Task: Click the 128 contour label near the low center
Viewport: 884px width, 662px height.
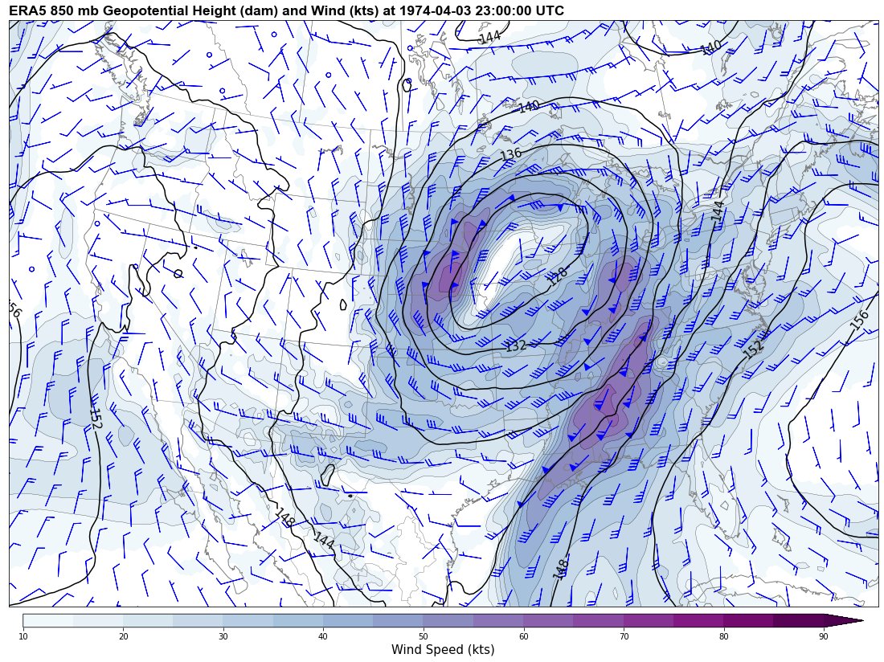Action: [558, 276]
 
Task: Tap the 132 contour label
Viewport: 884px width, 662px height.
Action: [515, 345]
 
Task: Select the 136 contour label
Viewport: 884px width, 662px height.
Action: [511, 153]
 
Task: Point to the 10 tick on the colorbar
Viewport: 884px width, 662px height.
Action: [23, 636]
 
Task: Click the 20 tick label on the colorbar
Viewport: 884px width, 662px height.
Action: [123, 636]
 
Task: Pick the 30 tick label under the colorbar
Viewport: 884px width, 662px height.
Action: [223, 636]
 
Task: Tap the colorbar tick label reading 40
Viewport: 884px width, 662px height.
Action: [323, 636]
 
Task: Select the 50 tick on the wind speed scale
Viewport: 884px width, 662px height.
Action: [424, 636]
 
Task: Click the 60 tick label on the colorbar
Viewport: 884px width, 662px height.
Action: [523, 636]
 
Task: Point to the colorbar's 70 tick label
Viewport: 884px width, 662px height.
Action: [624, 636]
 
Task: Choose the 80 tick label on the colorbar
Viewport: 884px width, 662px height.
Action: [723, 636]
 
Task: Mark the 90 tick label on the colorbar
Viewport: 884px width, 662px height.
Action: [824, 636]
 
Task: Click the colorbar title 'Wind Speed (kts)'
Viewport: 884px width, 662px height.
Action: [443, 649]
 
